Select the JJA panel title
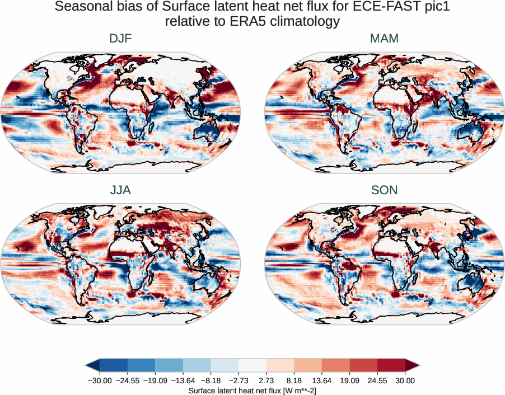tap(120, 190)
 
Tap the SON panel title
tap(384, 190)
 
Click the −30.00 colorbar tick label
tap(100, 380)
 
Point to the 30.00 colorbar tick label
tap(405, 380)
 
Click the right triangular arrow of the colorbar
tap(412, 365)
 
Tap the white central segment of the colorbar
tap(252, 365)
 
